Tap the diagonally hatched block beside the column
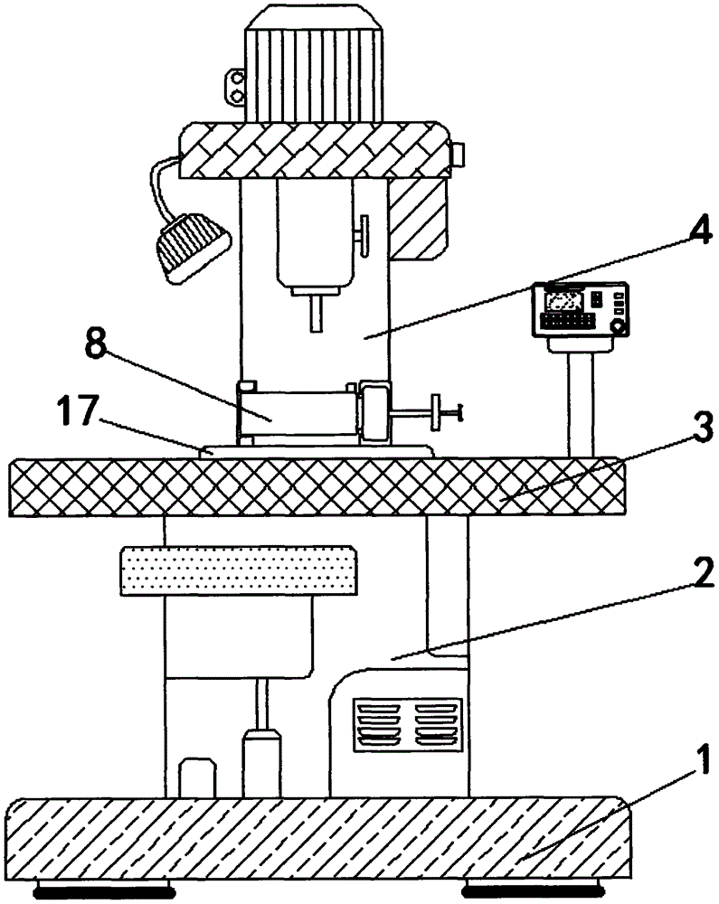pyautogui.click(x=421, y=213)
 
